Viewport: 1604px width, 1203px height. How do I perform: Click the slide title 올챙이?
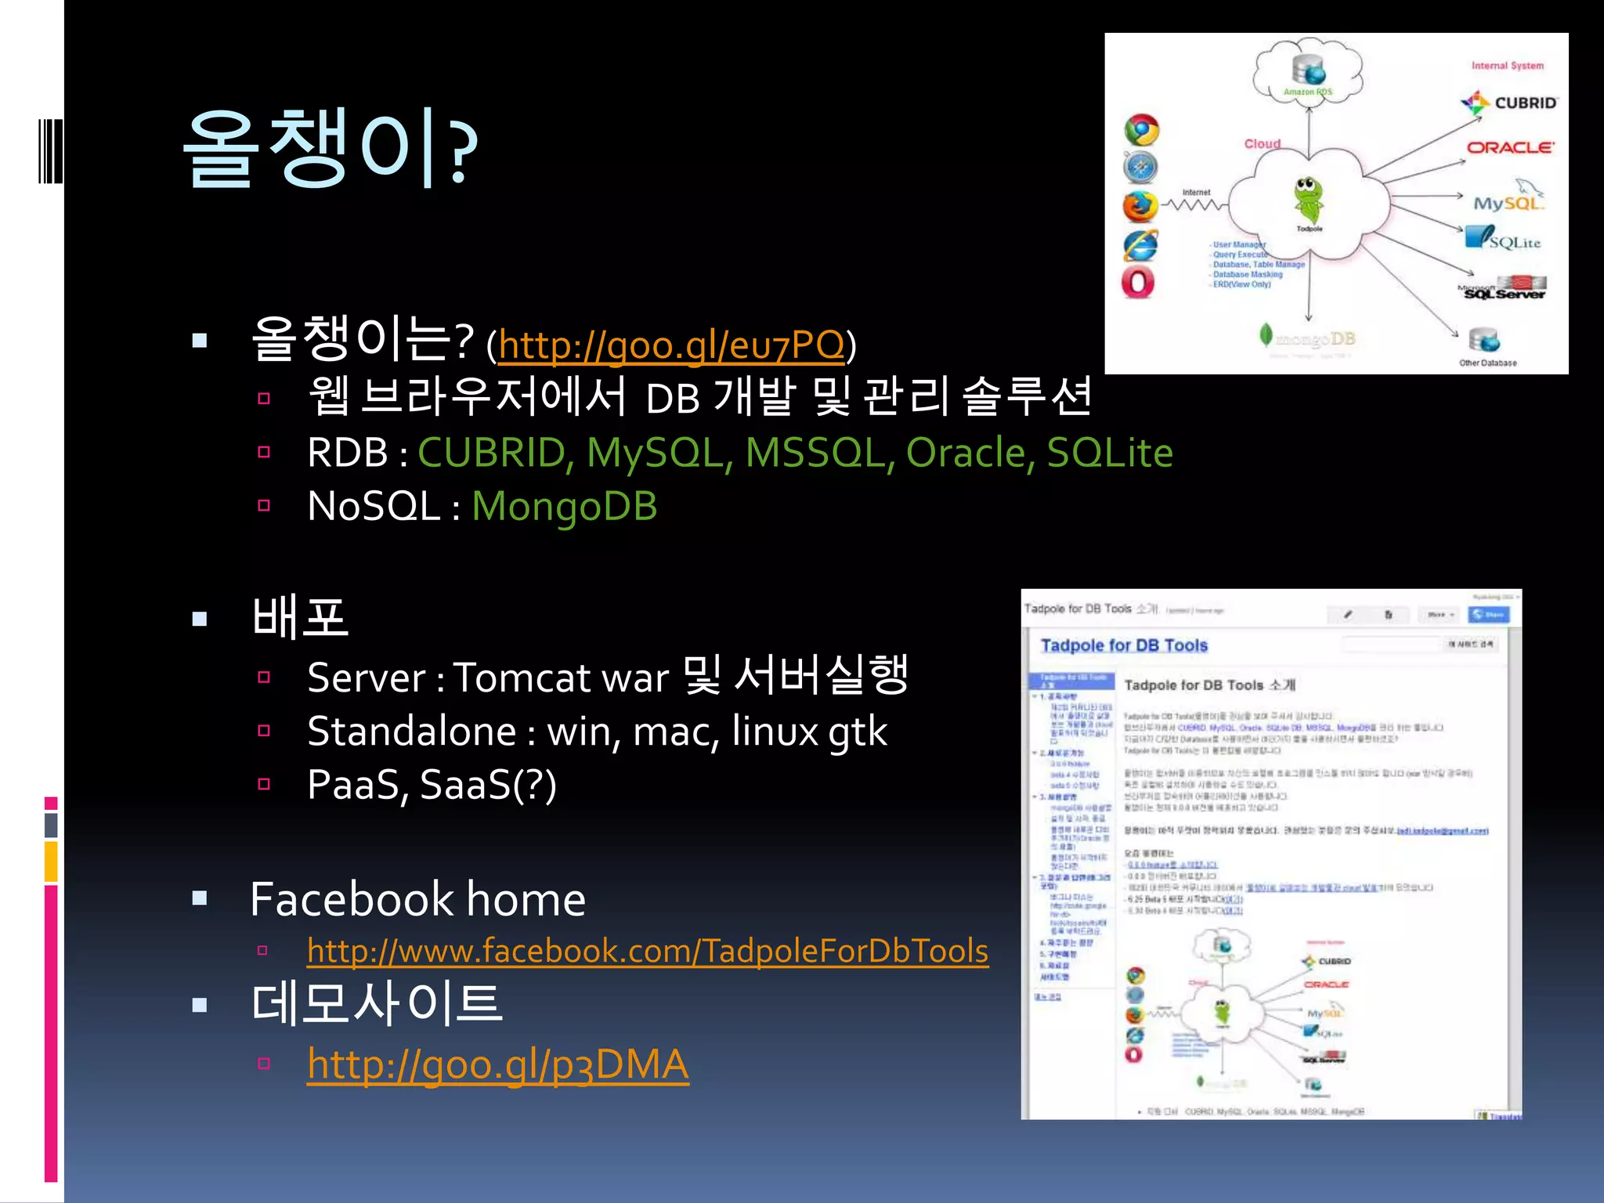(329, 149)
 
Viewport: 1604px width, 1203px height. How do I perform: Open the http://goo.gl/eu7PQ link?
(671, 345)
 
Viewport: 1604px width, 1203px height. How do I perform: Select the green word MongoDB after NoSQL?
(564, 506)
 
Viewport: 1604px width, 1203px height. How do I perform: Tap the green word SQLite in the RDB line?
(1109, 453)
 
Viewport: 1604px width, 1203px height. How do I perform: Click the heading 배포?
(299, 617)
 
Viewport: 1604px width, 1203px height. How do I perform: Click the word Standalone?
(411, 732)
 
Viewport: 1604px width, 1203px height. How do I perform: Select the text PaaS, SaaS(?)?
(432, 785)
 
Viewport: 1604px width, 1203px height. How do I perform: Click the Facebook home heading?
(417, 899)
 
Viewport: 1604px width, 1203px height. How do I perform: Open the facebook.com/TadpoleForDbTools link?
(647, 951)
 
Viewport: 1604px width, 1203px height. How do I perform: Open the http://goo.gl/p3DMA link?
(497, 1064)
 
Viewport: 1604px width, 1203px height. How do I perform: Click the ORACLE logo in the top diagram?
(1510, 147)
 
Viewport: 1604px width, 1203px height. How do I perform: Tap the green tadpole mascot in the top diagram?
(1308, 199)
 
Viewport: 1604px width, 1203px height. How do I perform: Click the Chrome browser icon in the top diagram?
(1141, 130)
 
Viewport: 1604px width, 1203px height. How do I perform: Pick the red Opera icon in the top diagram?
(1138, 282)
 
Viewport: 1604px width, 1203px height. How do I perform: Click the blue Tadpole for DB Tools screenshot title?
(1123, 645)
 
